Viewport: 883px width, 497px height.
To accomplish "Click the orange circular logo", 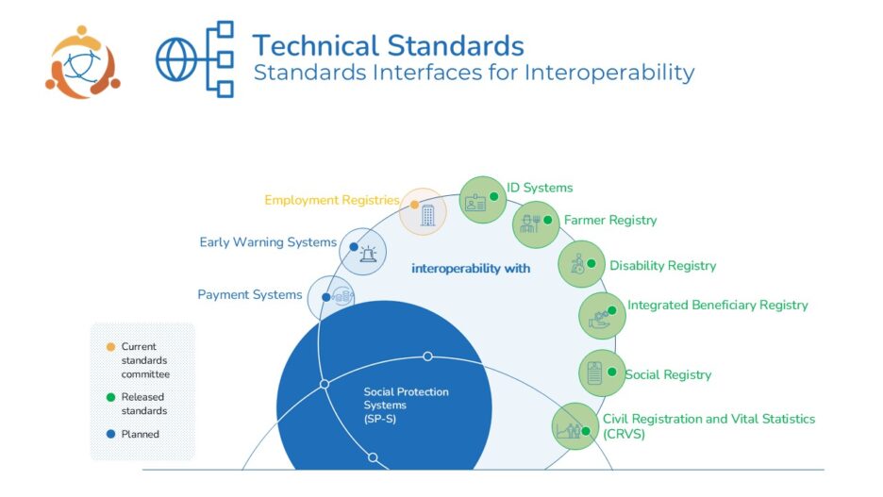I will (82, 61).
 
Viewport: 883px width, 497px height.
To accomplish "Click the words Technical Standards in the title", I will (388, 44).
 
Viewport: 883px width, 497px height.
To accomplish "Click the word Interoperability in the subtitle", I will (609, 72).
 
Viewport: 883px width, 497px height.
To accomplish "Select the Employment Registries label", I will (332, 200).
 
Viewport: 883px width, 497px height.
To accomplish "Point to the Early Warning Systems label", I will (268, 242).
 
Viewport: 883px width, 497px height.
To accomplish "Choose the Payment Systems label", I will (250, 295).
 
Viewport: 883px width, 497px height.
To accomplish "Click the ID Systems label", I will (540, 188).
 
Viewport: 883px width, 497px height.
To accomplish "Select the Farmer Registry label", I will (610, 220).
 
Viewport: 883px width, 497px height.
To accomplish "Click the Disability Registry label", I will (662, 265).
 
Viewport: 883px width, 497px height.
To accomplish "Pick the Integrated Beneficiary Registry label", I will (717, 305).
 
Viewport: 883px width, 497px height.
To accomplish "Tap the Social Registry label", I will (668, 374).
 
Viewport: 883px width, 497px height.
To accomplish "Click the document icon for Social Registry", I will (595, 373).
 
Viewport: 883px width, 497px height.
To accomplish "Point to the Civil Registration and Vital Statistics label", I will (708, 425).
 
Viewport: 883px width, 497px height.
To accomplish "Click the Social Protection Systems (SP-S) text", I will (406, 405).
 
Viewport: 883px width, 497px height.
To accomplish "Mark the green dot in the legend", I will (112, 397).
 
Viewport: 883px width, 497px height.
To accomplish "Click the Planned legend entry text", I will (140, 434).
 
